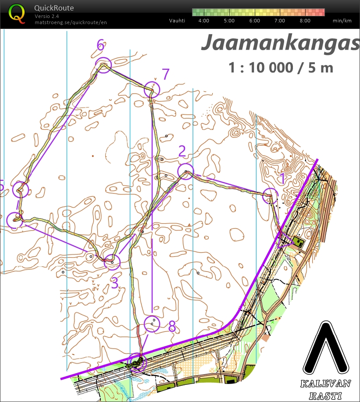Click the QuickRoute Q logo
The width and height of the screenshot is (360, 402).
(x=17, y=13)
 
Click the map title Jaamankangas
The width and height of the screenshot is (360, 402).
(x=280, y=43)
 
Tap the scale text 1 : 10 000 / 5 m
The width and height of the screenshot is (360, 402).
(x=281, y=67)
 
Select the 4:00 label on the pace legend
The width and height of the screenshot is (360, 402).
(x=203, y=21)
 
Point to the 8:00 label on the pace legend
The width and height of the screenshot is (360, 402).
(x=305, y=21)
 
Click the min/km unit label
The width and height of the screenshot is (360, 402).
(x=342, y=21)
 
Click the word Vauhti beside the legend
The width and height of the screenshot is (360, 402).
(x=177, y=21)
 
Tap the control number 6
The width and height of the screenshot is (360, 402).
(x=101, y=45)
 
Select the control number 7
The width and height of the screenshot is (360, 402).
(x=165, y=74)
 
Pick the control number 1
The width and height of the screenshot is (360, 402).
(x=283, y=179)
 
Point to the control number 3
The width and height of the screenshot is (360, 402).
(x=114, y=283)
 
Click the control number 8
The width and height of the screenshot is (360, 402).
(x=172, y=326)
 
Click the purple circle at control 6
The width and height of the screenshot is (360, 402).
(x=103, y=65)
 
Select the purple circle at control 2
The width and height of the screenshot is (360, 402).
(x=186, y=171)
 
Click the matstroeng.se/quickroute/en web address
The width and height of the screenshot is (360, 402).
(x=71, y=22)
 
